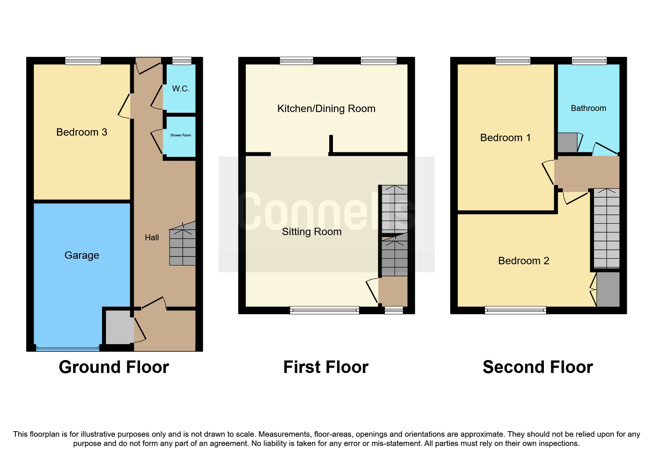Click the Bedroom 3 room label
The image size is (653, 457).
click(81, 132)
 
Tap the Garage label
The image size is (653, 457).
click(81, 255)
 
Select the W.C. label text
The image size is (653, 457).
click(181, 88)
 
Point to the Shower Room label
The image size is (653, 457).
click(181, 135)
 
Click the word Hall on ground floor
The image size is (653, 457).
click(152, 238)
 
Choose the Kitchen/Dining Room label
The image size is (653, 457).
click(326, 108)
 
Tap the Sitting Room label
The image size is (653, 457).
click(312, 231)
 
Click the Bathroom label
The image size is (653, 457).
click(588, 108)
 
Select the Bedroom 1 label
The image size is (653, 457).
click(505, 137)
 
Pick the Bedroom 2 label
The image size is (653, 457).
click(523, 261)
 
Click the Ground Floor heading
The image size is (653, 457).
click(114, 367)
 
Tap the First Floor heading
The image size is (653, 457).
click(326, 367)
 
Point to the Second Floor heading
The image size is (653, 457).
click(538, 367)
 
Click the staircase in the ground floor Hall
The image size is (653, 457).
click(182, 247)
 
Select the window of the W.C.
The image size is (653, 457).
click(182, 61)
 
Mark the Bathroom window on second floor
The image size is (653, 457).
click(589, 61)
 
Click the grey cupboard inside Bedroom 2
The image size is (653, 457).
click(608, 289)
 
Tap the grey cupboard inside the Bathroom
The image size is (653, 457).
click(567, 143)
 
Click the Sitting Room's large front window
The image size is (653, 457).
click(324, 310)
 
